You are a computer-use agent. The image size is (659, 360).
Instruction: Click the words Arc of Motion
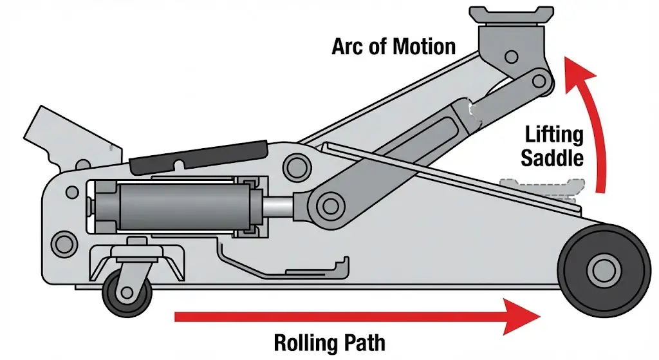coord(394,46)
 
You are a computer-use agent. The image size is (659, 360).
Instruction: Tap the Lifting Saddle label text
coord(553,146)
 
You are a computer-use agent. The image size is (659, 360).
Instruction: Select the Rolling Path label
coord(329,341)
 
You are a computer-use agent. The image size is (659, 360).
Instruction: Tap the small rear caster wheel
coord(127,293)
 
